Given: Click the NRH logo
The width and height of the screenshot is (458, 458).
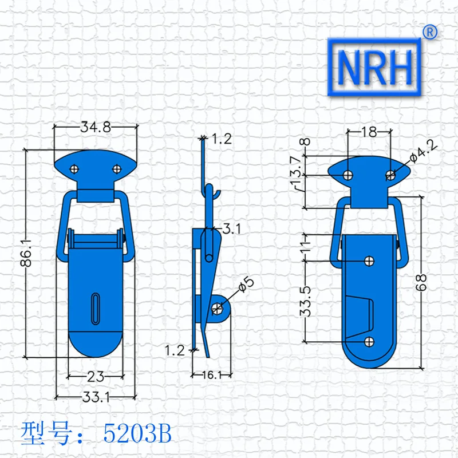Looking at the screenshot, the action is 374,67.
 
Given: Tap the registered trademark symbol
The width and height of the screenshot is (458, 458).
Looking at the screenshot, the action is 430,32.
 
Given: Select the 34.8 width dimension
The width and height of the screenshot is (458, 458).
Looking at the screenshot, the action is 96,127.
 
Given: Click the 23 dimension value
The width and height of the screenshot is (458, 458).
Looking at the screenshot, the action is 96,377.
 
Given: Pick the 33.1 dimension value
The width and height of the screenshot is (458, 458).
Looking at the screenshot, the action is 96,397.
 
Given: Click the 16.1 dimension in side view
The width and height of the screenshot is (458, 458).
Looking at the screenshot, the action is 212,375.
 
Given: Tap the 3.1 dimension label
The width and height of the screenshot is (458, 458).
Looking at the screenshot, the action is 232,228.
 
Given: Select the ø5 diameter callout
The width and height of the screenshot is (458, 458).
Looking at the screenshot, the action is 246,284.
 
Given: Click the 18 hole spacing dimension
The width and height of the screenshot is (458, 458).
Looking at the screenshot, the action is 369,132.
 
